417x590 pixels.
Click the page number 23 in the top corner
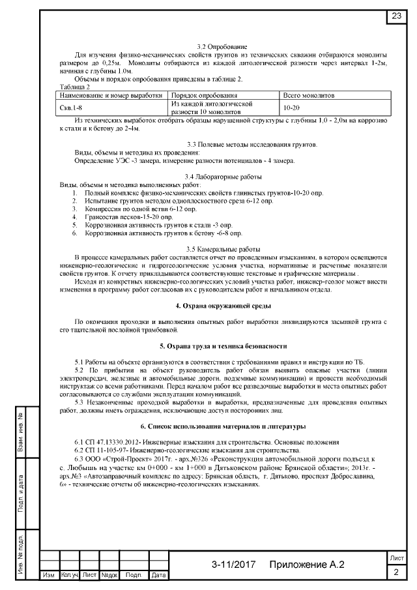point(396,16)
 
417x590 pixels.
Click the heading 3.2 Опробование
point(222,47)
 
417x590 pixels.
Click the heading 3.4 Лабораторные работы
point(222,177)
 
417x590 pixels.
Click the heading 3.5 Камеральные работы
point(222,250)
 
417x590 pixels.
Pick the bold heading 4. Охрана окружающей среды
point(222,306)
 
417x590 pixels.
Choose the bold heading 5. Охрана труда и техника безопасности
point(222,346)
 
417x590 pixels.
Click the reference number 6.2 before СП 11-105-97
point(81,450)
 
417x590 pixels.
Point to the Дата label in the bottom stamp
point(158,576)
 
